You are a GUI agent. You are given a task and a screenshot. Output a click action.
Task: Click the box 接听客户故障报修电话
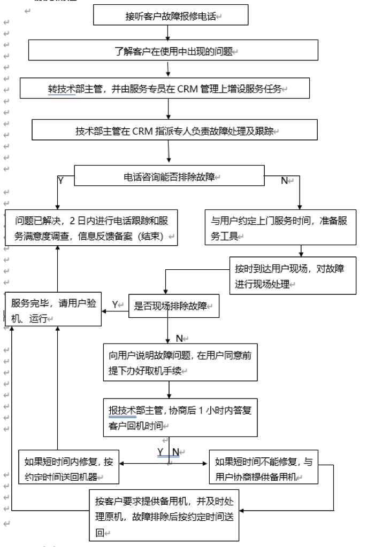click(x=171, y=16)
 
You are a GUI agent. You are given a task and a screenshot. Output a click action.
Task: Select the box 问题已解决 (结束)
click(x=91, y=229)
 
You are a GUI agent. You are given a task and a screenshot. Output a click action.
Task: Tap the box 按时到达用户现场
click(x=293, y=276)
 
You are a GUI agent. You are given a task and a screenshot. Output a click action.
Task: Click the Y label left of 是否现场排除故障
click(x=114, y=304)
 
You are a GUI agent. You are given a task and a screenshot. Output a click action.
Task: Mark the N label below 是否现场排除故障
click(x=179, y=338)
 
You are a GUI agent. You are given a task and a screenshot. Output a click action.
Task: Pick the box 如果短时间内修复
click(x=69, y=467)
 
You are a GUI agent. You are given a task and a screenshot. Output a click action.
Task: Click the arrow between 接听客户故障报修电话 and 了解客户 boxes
click(x=168, y=33)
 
